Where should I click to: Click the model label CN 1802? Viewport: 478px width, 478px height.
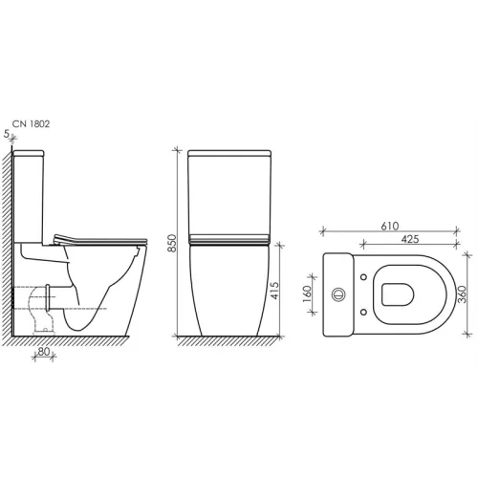point(31,124)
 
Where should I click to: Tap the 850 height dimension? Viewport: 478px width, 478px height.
point(172,243)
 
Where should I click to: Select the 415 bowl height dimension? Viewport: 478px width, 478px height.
point(274,291)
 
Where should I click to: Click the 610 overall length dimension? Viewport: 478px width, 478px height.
point(390,226)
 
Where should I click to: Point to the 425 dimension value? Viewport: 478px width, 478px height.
point(410,239)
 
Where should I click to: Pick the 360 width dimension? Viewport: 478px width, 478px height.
point(462,294)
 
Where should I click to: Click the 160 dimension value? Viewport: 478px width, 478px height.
point(307,293)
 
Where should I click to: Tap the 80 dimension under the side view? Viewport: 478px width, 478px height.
point(44,352)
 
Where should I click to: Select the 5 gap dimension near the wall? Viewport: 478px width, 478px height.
point(7,134)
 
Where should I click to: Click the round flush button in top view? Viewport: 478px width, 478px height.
point(338,294)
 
